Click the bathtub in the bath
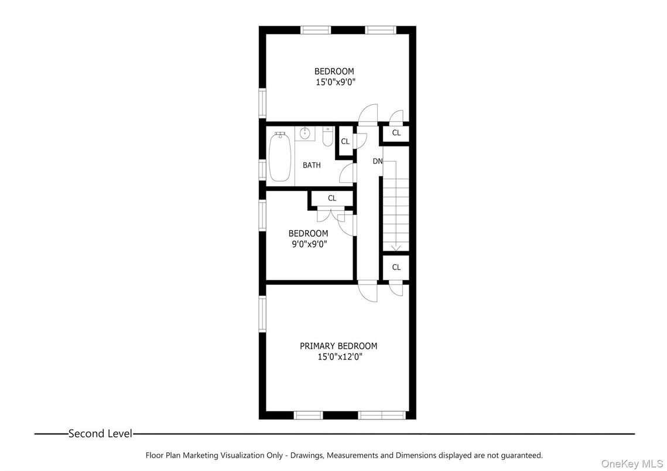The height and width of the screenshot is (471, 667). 280,156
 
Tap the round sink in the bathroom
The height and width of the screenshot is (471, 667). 305,134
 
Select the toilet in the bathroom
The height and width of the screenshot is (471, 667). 327,138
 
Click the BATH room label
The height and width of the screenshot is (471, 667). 312,165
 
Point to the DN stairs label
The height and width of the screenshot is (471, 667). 377,161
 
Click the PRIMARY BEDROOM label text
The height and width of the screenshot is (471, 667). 338,346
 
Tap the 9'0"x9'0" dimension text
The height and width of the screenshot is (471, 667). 308,243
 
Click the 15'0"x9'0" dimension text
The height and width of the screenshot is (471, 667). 334,82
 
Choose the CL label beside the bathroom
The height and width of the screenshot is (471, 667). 345,141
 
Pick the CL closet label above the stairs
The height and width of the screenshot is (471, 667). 396,133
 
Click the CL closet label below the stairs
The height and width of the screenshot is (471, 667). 396,267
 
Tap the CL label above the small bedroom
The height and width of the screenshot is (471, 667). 332,198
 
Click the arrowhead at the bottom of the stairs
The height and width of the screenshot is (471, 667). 395,248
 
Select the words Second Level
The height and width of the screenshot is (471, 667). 100,434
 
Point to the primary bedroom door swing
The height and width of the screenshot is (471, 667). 368,293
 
